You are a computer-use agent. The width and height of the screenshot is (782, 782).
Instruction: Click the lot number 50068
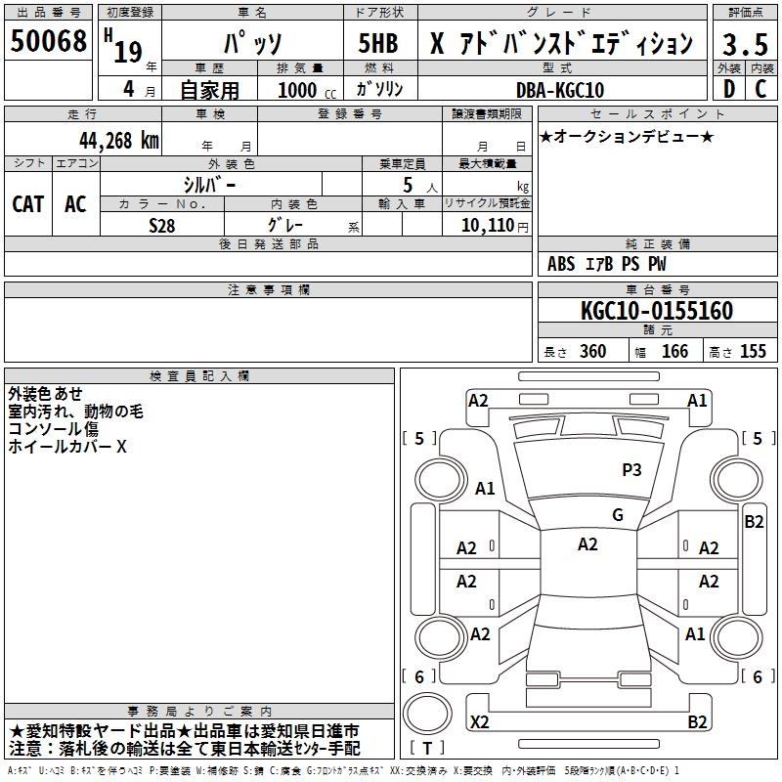[x=48, y=41]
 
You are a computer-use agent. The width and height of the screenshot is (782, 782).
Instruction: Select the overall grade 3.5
[x=745, y=44]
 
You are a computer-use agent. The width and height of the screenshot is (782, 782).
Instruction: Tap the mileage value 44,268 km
[x=119, y=141]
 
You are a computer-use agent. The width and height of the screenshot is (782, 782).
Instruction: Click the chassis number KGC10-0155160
[x=657, y=311]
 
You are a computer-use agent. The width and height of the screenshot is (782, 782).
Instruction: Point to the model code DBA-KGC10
[x=560, y=90]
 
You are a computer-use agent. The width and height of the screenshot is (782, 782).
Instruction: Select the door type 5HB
[x=378, y=43]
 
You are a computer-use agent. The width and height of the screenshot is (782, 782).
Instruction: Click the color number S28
[x=162, y=226]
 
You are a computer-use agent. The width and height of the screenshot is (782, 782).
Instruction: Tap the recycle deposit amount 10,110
[x=488, y=225]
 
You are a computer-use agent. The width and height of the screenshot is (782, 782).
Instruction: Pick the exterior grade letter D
[x=729, y=89]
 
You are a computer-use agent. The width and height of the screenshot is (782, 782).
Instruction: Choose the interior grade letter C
[x=760, y=89]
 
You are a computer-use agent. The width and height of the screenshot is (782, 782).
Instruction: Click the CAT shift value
[x=28, y=204]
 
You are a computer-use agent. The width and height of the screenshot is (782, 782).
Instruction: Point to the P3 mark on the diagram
[x=631, y=469]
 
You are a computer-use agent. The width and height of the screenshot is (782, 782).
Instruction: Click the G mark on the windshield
[x=618, y=515]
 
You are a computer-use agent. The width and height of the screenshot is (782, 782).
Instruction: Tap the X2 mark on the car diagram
[x=479, y=721]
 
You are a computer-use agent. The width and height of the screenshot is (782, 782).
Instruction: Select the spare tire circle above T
[x=427, y=714]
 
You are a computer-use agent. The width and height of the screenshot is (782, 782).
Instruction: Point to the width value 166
[x=674, y=351]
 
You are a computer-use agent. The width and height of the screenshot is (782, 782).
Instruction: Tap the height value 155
[x=753, y=351]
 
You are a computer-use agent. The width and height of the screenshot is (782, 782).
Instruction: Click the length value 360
[x=593, y=351]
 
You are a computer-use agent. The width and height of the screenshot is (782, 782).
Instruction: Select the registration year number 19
[x=128, y=52]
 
